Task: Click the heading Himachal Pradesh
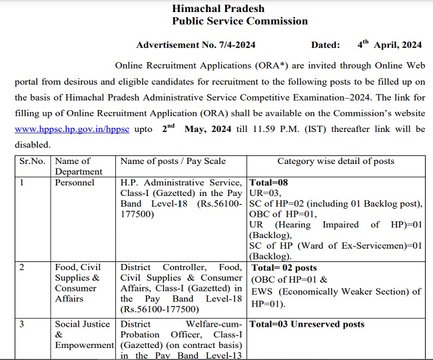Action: pyautogui.click(x=218, y=9)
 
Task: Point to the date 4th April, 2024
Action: pyautogui.click(x=389, y=45)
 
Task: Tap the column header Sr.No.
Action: pyautogui.click(x=32, y=161)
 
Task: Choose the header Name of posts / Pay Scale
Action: pyautogui.click(x=173, y=161)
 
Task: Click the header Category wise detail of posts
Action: pyautogui.click(x=336, y=161)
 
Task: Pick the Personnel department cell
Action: pyautogui.click(x=75, y=183)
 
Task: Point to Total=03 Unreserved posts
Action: pyautogui.click(x=306, y=325)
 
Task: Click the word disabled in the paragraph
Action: pyautogui.click(x=31, y=144)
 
